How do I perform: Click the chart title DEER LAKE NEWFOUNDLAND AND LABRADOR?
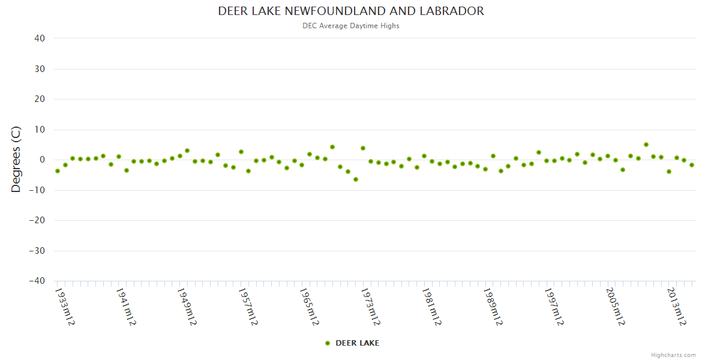pos(351,11)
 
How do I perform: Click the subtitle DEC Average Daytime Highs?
pos(351,26)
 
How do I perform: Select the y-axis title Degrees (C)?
pos(16,159)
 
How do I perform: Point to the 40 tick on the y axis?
pos(40,38)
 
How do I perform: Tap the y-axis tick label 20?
pos(40,99)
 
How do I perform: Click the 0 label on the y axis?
pos(43,160)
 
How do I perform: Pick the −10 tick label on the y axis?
pos(37,190)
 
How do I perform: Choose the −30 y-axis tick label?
pos(37,251)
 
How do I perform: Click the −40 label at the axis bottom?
pos(37,281)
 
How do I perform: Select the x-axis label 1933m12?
pos(65,307)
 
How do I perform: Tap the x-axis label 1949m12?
pos(187,307)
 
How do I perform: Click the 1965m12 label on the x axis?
pos(309,307)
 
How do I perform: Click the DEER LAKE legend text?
pos(357,343)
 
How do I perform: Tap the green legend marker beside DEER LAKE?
pos(328,343)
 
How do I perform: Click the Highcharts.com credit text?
pos(673,355)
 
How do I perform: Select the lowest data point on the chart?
pos(355,179)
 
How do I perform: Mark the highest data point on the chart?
pos(646,145)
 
